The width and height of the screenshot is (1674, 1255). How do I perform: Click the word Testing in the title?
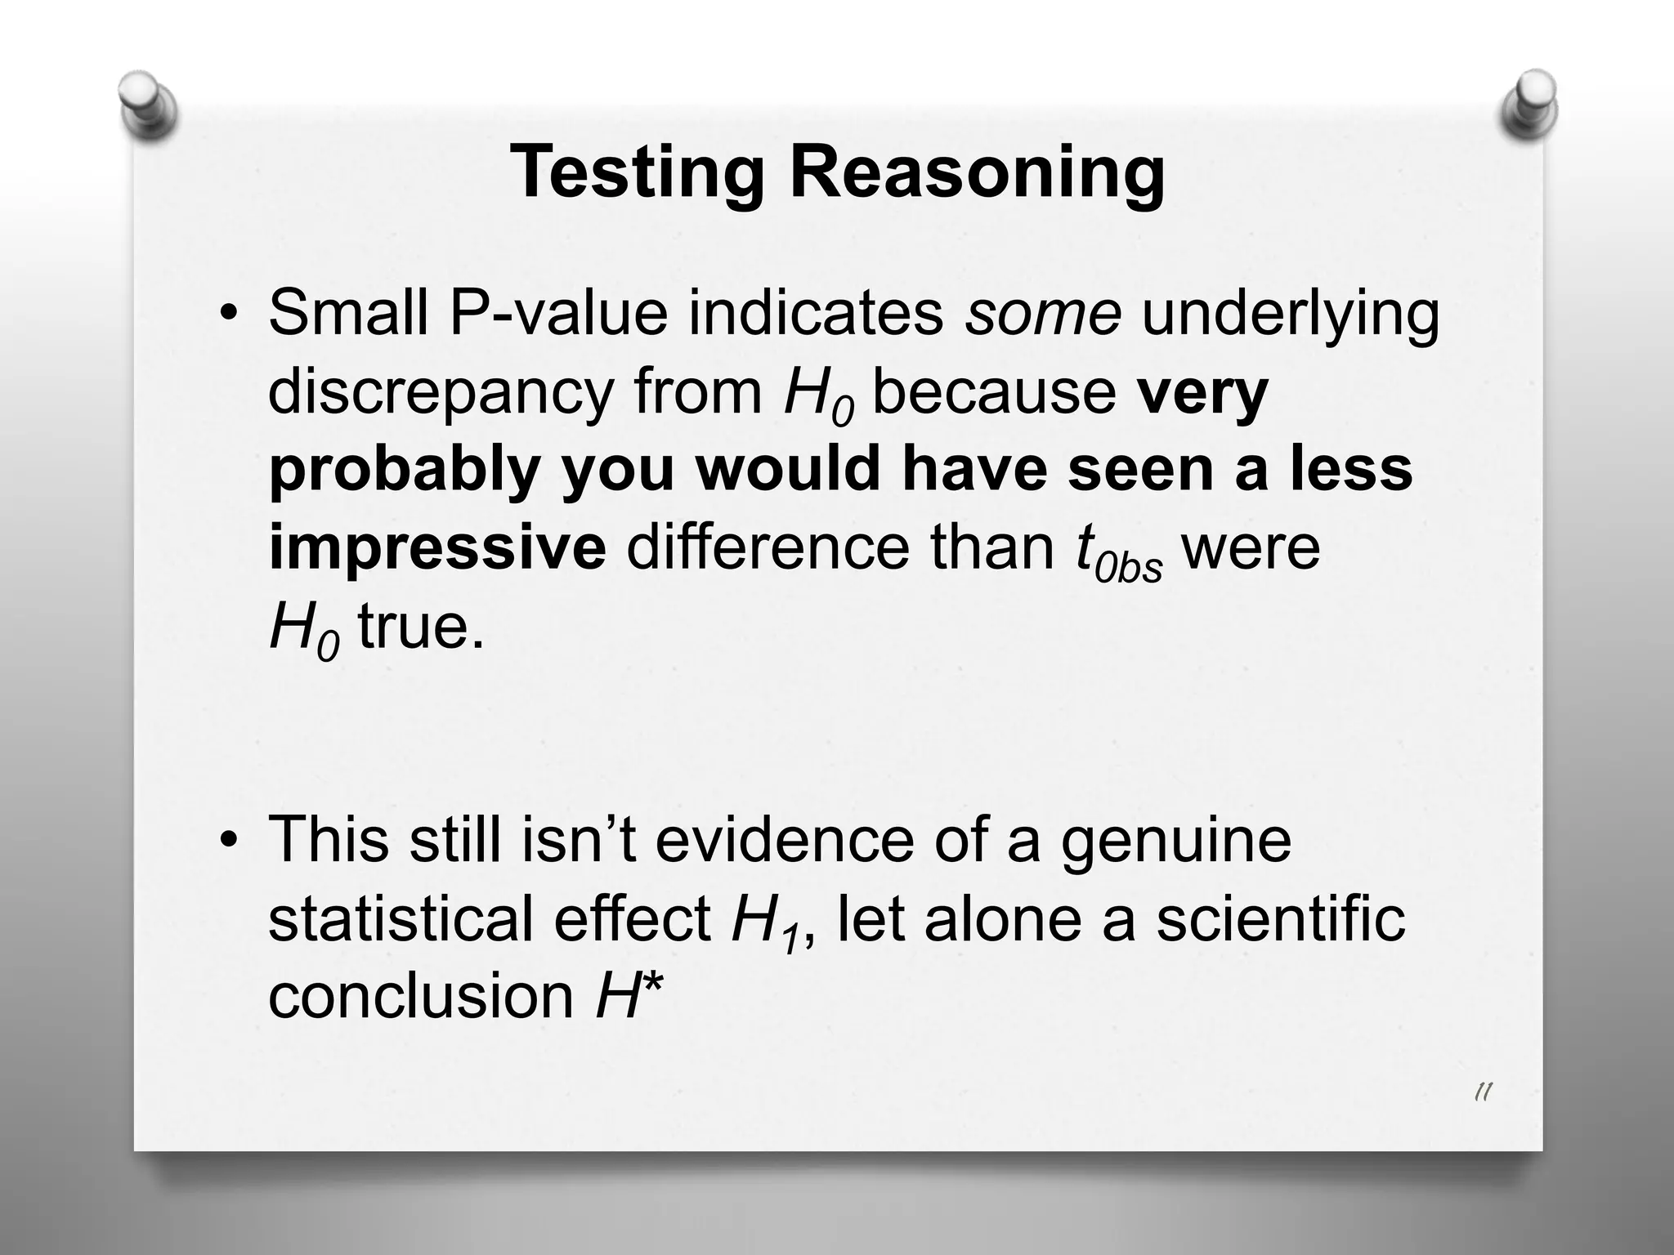(637, 174)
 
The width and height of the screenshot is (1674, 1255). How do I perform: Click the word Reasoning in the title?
(977, 174)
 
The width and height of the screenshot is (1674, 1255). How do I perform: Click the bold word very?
(1202, 392)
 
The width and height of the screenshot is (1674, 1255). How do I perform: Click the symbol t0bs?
(1117, 552)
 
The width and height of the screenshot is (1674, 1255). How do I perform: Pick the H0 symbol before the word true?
(302, 631)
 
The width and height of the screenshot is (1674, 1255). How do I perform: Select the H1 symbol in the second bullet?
(765, 922)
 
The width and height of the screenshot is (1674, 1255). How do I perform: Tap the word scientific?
(1281, 918)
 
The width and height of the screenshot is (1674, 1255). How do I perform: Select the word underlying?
(1290, 314)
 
